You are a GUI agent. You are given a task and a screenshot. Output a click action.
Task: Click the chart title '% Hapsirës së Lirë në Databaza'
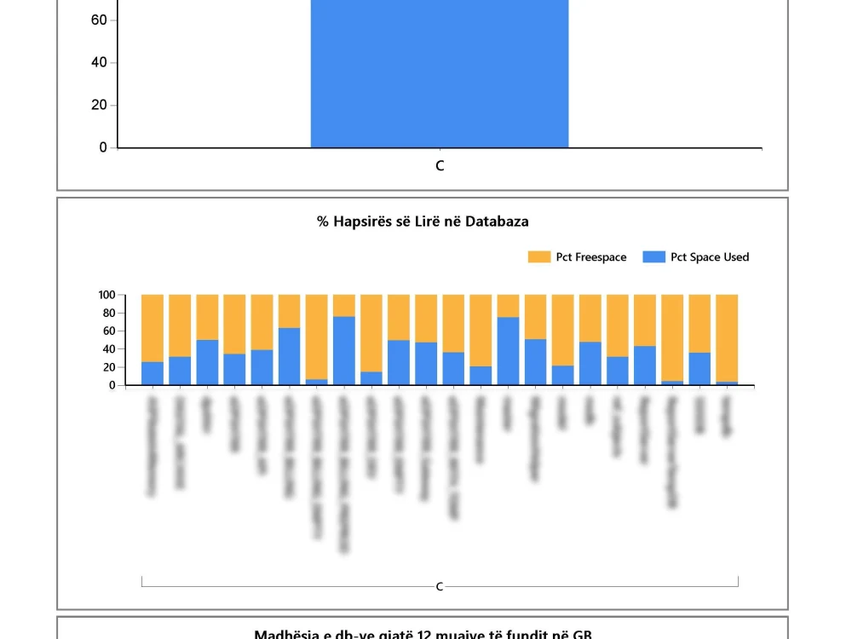423,222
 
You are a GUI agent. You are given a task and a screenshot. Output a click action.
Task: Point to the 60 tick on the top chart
98,20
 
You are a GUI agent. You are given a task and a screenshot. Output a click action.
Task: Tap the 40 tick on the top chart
98,63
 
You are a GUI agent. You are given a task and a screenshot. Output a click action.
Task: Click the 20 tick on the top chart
98,106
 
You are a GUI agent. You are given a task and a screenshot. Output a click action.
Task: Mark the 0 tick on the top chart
103,148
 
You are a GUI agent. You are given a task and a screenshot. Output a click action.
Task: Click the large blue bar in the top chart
439,77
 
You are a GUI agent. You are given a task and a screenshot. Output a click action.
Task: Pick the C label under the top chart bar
440,166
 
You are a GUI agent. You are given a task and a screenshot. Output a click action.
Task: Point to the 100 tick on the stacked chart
106,295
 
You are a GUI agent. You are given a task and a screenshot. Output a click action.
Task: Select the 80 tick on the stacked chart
108,313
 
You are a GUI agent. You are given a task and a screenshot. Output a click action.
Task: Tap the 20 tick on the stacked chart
108,367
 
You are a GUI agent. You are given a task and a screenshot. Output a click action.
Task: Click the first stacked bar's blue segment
153,374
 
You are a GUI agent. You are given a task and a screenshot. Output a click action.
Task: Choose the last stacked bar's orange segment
727,337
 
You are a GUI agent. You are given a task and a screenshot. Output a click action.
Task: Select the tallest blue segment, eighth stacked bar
344,351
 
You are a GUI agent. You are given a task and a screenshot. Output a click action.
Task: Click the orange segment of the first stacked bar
153,328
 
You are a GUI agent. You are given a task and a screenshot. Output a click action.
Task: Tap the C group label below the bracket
440,587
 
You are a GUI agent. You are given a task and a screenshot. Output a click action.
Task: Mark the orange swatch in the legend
539,257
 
